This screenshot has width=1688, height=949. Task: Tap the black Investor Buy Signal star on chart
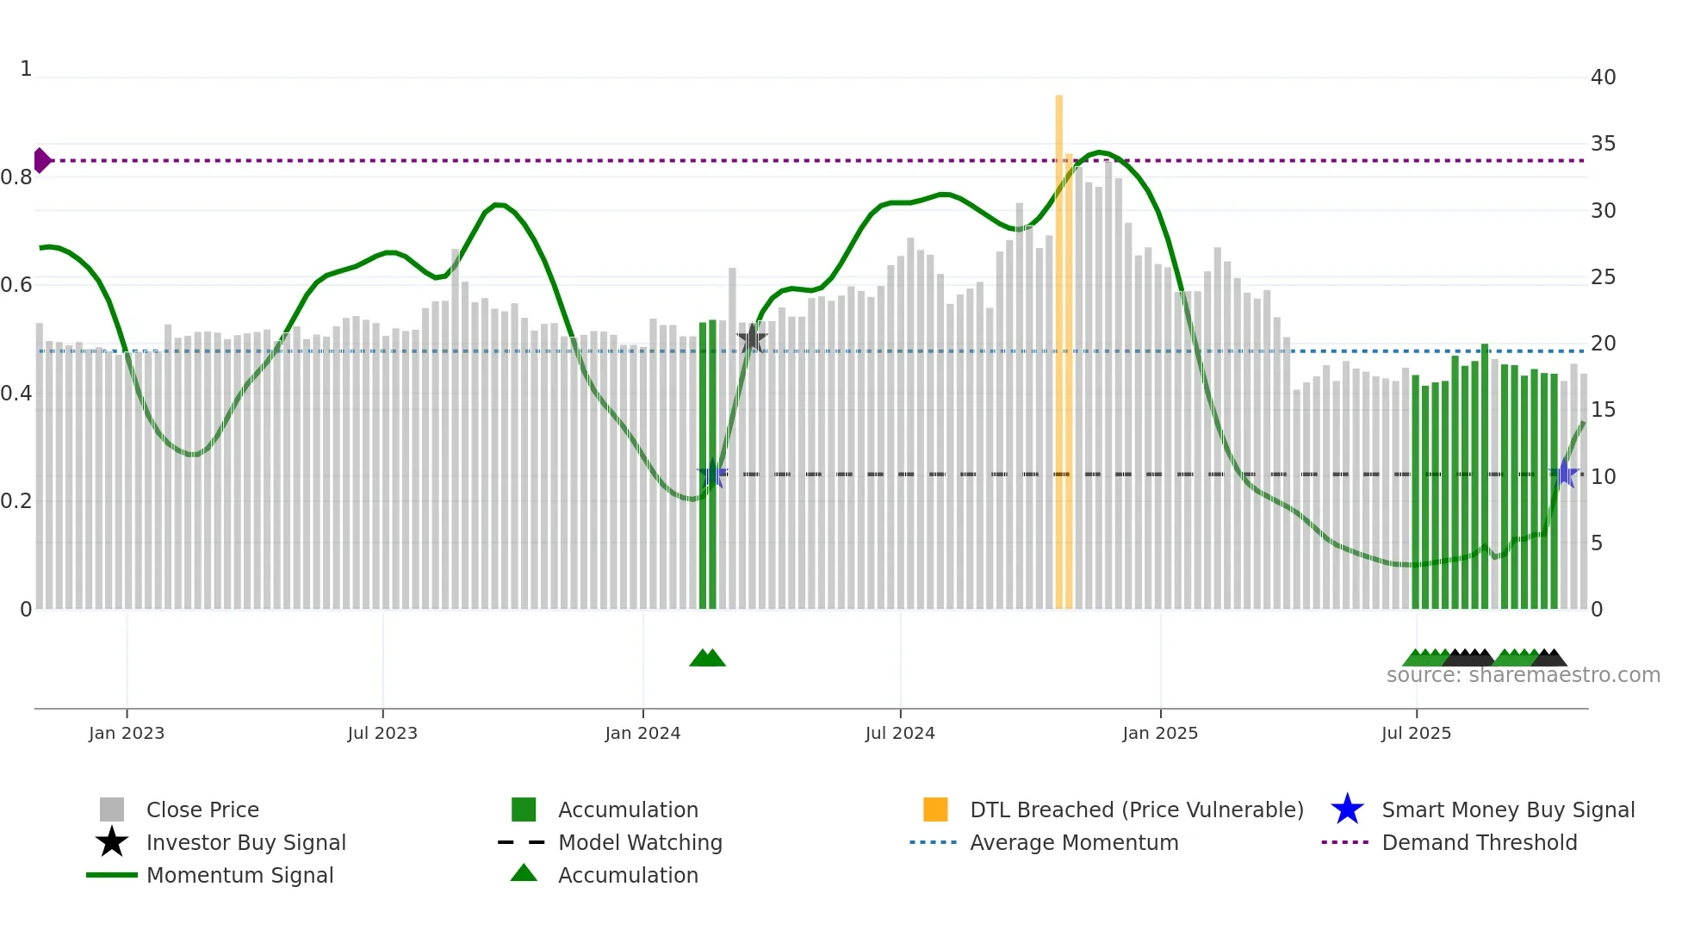[752, 339]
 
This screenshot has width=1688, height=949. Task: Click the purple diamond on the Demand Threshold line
[41, 160]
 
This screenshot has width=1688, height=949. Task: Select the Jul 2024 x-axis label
[900, 733]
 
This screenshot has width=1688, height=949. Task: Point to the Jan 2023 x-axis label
[127, 733]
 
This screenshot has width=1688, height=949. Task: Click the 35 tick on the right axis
[1603, 144]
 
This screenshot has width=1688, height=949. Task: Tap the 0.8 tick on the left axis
[17, 177]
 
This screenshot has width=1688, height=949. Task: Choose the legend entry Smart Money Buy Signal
[1507, 809]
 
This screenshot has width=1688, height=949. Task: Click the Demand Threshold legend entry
[1479, 842]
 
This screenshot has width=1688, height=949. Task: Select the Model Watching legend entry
[640, 842]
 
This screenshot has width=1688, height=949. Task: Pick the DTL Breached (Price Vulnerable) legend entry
[1136, 809]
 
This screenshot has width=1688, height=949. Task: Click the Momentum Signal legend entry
[239, 875]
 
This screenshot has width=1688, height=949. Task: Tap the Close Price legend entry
[202, 809]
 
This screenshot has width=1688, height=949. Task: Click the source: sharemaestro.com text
[1523, 675]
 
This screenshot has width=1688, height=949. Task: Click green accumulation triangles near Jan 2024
[708, 658]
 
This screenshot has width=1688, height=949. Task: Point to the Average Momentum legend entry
[1073, 842]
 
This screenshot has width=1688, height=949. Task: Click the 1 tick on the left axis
[26, 69]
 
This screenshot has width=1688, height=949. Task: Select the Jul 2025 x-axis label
[1416, 733]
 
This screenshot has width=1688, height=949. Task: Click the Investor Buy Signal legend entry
[245, 842]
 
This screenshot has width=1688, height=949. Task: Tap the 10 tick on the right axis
[1603, 476]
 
